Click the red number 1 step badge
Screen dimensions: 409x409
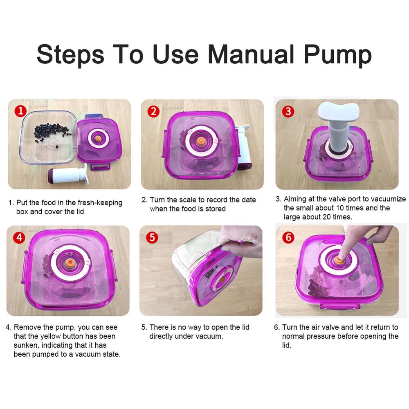[x=20, y=111]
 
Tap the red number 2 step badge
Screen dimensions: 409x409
[x=154, y=111]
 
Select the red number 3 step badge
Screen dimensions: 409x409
[x=288, y=111]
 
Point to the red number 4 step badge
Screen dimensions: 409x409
[x=19, y=238]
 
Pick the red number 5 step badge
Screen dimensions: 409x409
[x=152, y=238]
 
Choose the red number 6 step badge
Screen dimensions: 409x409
[x=288, y=238]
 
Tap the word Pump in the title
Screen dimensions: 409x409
[x=338, y=56]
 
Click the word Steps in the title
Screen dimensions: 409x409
[x=70, y=56]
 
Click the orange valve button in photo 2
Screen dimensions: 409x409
[x=200, y=141]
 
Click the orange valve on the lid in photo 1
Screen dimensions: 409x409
[x=98, y=139]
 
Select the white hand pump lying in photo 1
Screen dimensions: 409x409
[x=68, y=174]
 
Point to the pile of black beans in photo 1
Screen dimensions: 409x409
[x=52, y=132]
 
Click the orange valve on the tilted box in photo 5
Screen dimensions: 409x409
[x=222, y=279]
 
